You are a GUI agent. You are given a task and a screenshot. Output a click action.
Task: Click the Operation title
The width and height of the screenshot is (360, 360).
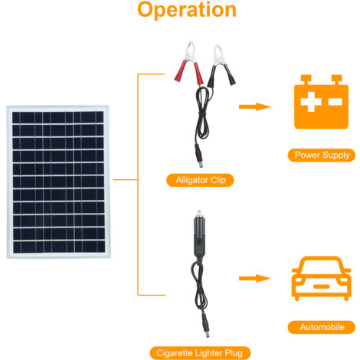click(x=187, y=11)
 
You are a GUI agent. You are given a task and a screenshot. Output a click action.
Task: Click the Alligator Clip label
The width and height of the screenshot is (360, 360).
click(x=199, y=181)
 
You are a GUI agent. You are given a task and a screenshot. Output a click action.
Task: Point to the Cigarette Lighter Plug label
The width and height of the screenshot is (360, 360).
click(x=199, y=352)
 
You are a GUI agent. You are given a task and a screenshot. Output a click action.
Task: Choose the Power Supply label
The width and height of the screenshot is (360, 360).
click(x=322, y=155)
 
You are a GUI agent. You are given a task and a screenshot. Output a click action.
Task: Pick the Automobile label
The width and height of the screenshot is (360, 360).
click(x=322, y=327)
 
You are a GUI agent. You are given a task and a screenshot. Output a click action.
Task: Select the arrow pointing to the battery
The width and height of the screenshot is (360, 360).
click(x=256, y=106)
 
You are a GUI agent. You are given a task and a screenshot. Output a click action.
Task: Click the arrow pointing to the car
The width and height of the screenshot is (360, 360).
click(x=256, y=279)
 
